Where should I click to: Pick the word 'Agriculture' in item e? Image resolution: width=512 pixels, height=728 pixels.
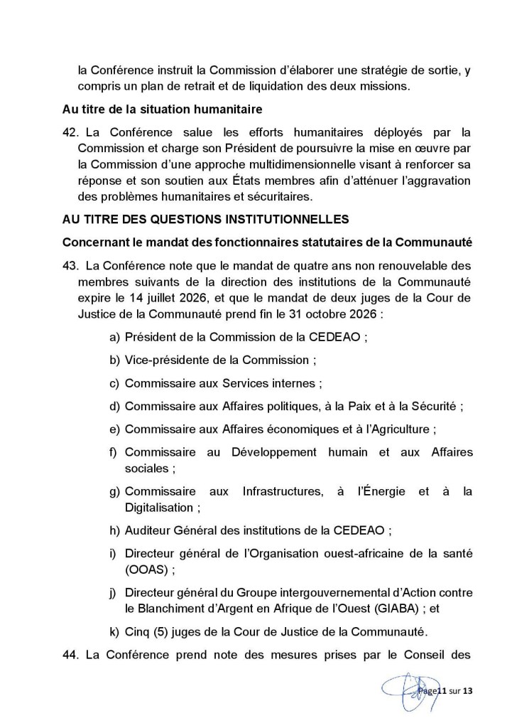coord(403,429)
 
